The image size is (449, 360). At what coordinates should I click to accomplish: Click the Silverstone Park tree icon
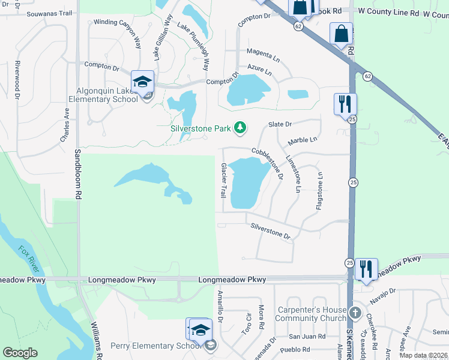[240, 127]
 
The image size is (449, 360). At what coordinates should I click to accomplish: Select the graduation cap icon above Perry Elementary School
[199, 329]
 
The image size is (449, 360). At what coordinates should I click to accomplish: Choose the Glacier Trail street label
[223, 181]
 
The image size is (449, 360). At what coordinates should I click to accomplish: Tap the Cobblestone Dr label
[268, 164]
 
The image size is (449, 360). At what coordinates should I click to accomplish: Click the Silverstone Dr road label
[270, 231]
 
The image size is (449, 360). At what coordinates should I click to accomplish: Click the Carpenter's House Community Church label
[312, 314]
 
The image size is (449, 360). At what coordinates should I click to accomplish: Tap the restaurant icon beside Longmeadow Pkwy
[366, 269]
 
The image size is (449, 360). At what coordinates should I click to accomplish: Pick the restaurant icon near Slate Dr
[345, 104]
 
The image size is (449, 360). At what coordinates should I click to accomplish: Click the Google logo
[20, 353]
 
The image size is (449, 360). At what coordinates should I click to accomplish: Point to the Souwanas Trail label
[50, 13]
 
